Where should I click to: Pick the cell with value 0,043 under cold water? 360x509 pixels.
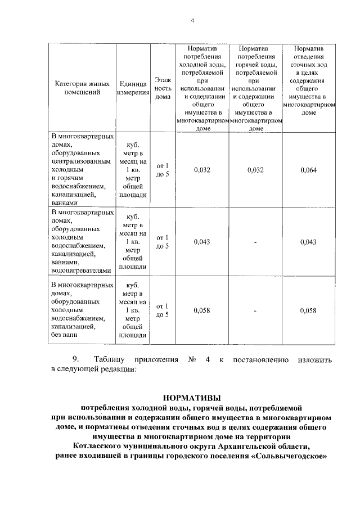point(201,242)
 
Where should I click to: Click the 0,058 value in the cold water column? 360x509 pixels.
point(201,310)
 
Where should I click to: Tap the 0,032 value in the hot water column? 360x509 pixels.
point(255,170)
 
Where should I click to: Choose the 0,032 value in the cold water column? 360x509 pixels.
point(201,170)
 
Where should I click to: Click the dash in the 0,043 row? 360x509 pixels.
point(255,242)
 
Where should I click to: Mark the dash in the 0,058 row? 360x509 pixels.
point(255,311)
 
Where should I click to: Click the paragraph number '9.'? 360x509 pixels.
point(76,359)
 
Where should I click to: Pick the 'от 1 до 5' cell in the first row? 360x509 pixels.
point(163,170)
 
